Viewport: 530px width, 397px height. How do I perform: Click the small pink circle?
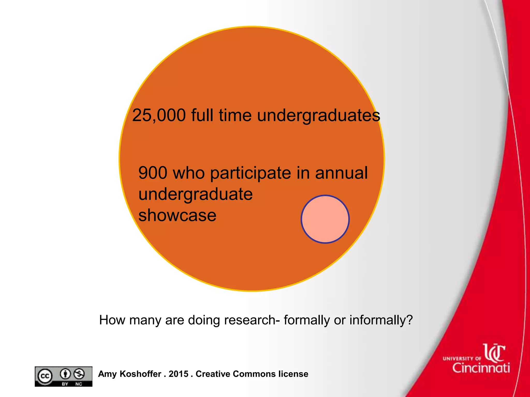point(325,219)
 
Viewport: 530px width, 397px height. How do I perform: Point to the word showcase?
point(177,215)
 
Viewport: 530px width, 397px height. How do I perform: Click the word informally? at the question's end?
point(381,320)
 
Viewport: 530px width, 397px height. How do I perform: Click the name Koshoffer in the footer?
point(141,374)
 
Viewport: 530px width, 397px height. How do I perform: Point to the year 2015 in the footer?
point(179,374)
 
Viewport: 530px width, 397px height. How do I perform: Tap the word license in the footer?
point(293,374)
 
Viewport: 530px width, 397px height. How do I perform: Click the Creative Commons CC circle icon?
point(45,376)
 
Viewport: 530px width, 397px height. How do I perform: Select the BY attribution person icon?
point(65,374)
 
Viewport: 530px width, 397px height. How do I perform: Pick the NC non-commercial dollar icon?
point(79,374)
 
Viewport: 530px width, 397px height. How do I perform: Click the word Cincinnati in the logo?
point(481,368)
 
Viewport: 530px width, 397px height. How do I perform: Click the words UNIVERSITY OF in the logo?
point(462,358)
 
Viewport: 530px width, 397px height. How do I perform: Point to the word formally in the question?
point(306,320)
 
